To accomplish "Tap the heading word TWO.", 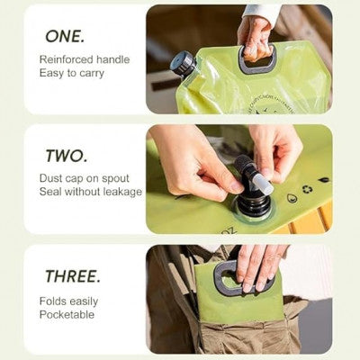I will coord(67,157).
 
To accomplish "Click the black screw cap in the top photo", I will coord(183,62).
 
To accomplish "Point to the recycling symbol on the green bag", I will coord(307,190).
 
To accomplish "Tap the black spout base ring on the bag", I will coord(254,209).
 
